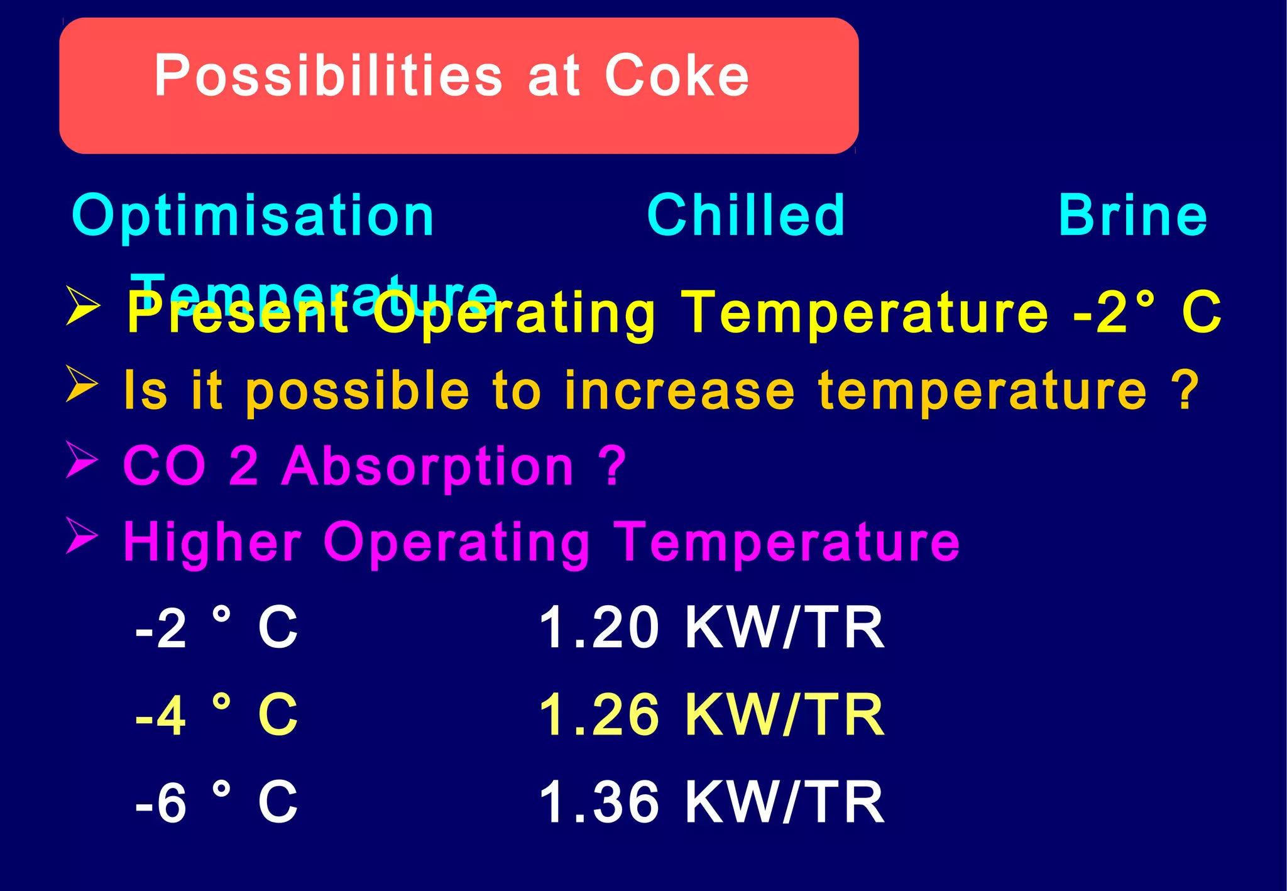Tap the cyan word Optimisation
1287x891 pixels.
tap(253, 216)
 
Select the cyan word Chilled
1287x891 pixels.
tap(746, 216)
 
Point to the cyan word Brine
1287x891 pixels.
tap(1132, 216)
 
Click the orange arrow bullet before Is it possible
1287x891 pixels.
tap(82, 383)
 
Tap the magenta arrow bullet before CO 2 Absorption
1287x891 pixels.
tap(82, 459)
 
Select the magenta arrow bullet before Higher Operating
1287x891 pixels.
tap(82, 536)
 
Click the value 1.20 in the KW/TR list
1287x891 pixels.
tap(599, 628)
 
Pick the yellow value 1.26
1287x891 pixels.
tap(599, 715)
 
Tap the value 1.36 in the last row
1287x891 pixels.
tap(599, 802)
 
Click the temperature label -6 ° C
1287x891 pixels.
tap(216, 802)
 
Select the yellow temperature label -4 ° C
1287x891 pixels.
tap(216, 715)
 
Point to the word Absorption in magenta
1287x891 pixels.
tap(427, 466)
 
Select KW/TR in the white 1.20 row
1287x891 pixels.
tap(785, 628)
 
